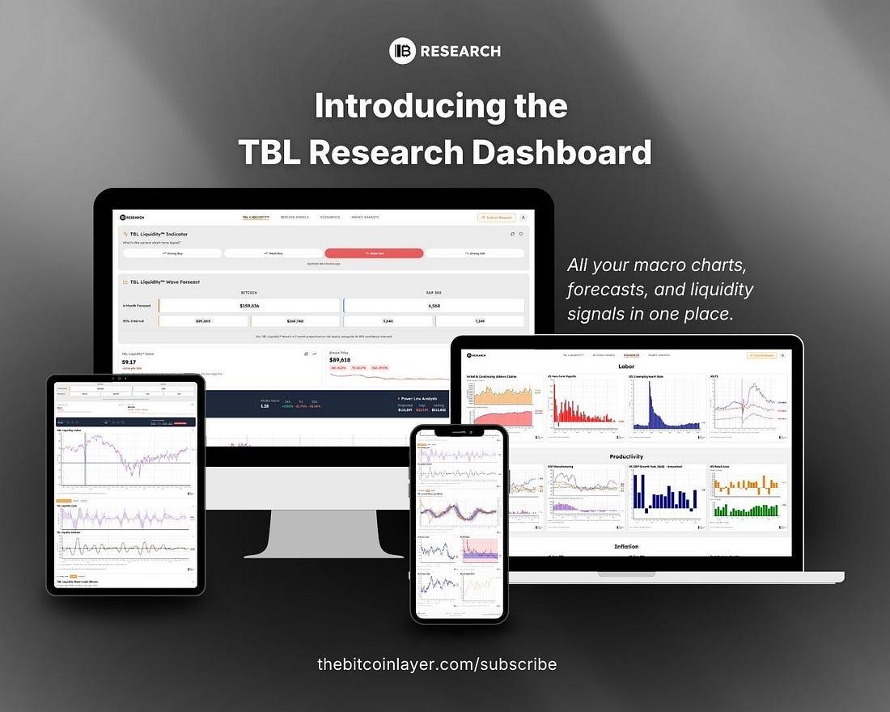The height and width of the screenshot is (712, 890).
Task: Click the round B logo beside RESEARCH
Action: click(x=402, y=51)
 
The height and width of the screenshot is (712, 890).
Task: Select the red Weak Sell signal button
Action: click(x=374, y=253)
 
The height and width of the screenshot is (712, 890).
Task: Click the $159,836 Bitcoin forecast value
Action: click(x=248, y=306)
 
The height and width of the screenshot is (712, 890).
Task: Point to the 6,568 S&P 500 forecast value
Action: click(x=434, y=306)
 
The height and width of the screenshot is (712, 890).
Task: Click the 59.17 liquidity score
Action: click(x=129, y=362)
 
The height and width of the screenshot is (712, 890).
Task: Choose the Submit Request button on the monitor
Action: click(x=496, y=217)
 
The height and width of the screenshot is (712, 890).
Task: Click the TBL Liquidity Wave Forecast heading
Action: click(x=165, y=282)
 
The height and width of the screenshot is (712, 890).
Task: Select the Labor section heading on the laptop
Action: click(x=626, y=367)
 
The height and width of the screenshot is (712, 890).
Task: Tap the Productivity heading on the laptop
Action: click(x=626, y=457)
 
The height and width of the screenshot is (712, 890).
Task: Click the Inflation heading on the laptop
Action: click(x=626, y=546)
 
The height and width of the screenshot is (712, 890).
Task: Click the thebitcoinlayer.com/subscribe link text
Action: click(x=437, y=664)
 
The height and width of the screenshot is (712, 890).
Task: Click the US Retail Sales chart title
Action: click(x=731, y=468)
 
